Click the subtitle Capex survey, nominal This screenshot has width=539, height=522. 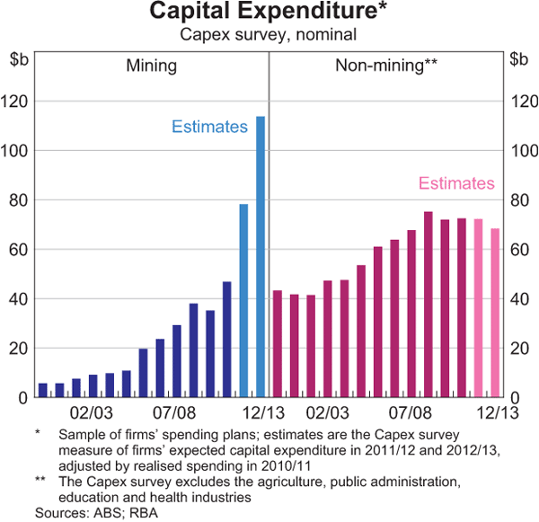click(269, 35)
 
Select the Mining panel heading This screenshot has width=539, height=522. click(151, 66)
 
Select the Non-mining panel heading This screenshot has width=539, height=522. click(385, 66)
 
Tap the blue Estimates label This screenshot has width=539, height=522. click(209, 127)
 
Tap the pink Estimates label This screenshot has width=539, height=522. click(456, 183)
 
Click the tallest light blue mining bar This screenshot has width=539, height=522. click(261, 256)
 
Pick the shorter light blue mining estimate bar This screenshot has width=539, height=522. click(243, 300)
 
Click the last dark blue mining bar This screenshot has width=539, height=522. click(226, 339)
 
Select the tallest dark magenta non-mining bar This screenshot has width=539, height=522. click(428, 305)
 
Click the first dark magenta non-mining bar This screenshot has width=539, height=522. click(278, 343)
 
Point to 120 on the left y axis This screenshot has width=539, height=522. click(23, 102)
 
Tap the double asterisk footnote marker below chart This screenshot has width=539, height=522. click(40, 482)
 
